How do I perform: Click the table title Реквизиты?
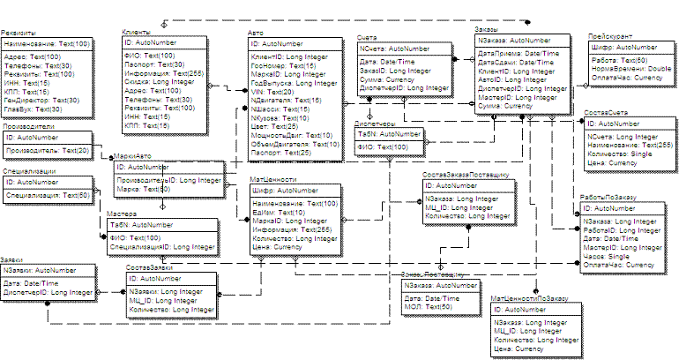tap(19, 33)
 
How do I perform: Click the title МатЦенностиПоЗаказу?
tap(530, 301)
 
